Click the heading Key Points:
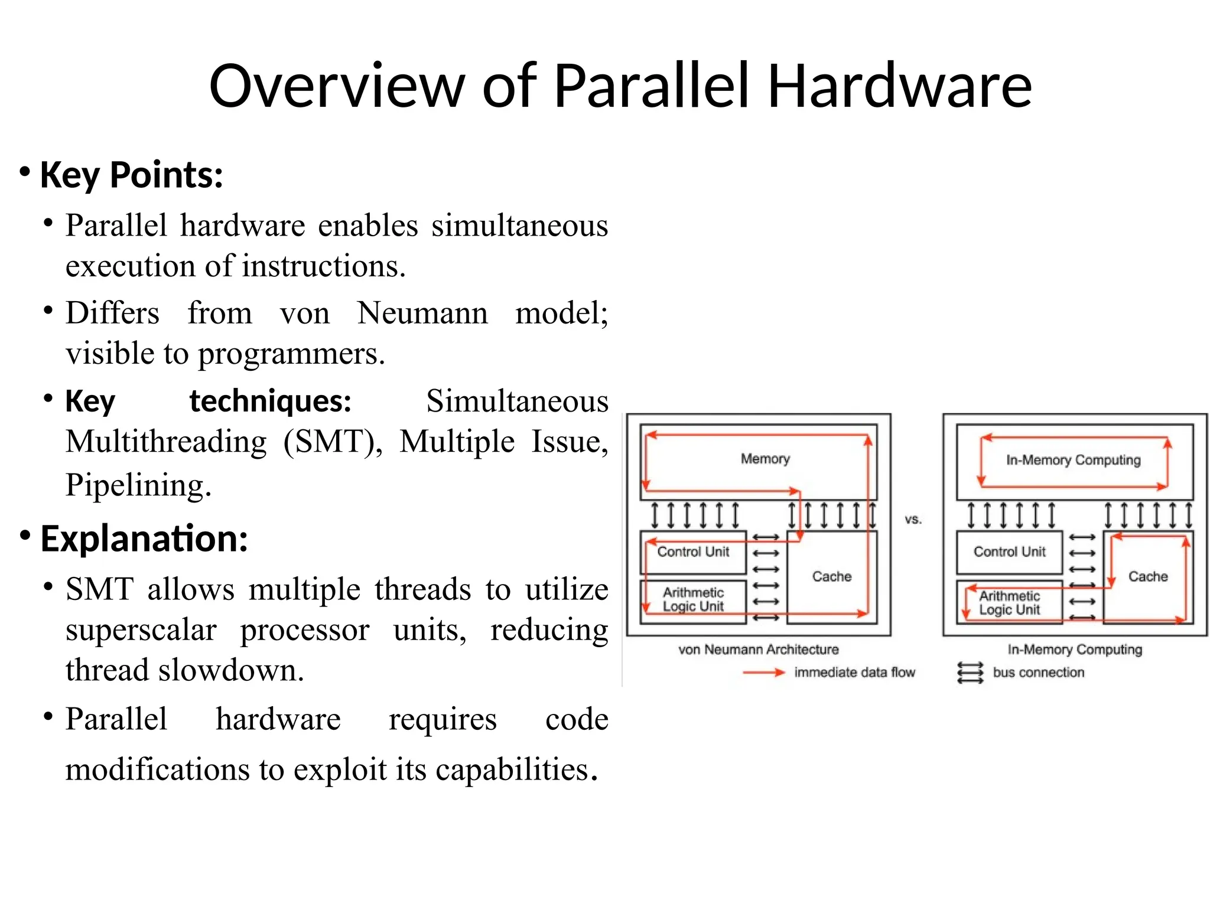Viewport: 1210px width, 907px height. (x=131, y=175)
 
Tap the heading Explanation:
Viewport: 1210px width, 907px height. (x=144, y=539)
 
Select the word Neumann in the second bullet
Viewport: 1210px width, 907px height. (x=422, y=313)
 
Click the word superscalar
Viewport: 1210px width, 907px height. (x=141, y=630)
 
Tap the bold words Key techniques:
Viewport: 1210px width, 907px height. (x=208, y=402)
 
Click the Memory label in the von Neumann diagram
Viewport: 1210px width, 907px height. (x=765, y=459)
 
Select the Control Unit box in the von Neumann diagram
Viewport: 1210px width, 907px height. (x=693, y=552)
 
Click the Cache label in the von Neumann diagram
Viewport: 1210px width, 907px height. (x=831, y=576)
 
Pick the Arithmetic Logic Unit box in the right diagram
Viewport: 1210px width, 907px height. (x=1009, y=603)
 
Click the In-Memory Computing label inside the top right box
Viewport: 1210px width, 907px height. (x=1073, y=460)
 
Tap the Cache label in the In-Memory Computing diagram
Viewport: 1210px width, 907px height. (x=1147, y=576)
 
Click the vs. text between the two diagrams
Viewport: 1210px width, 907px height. (x=913, y=520)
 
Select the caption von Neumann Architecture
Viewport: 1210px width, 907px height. (x=758, y=650)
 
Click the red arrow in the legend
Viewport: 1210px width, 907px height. (x=763, y=673)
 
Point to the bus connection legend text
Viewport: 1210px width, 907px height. (x=1038, y=673)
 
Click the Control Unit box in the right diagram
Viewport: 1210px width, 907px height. (x=1009, y=552)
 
